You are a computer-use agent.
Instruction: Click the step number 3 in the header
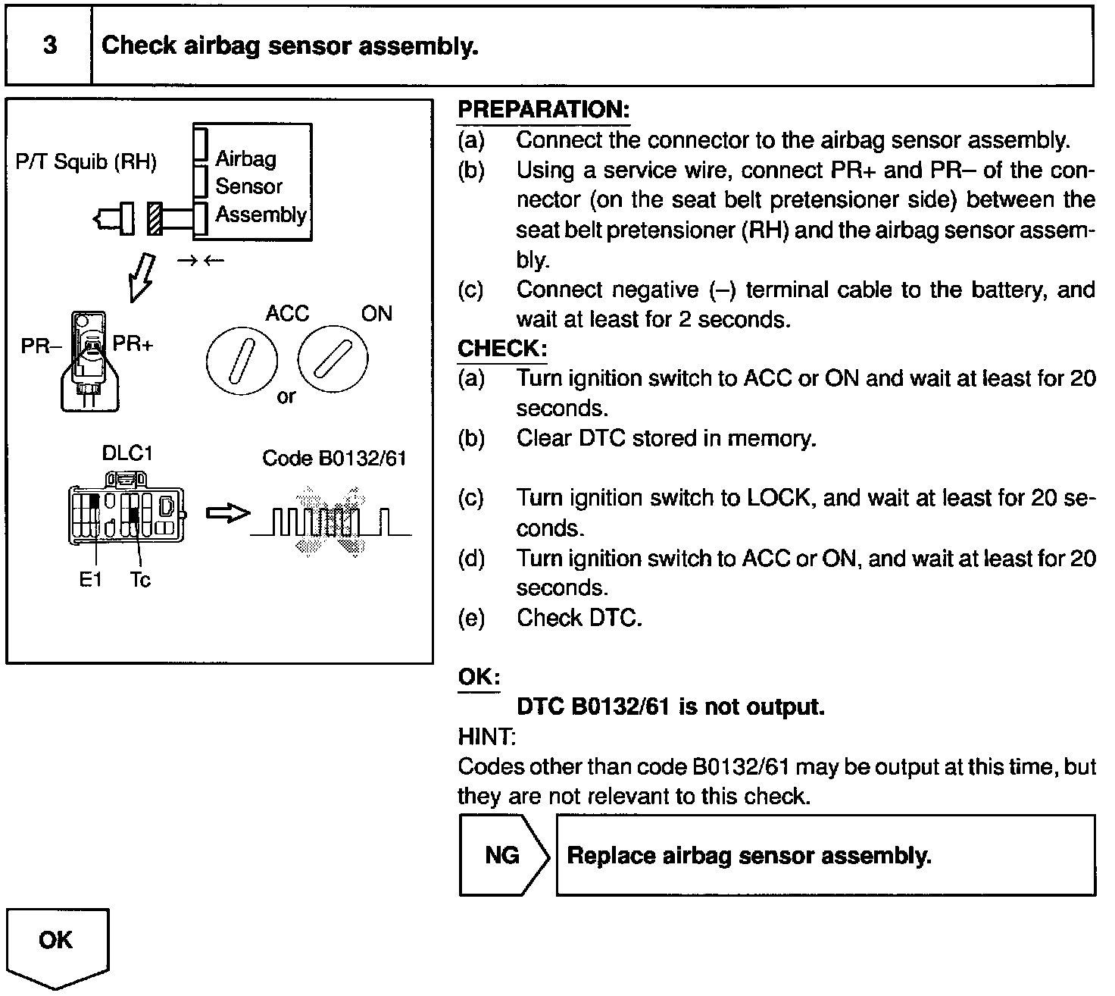tap(50, 45)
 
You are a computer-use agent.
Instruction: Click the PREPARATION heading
tap(543, 109)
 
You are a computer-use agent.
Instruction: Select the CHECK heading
tap(501, 349)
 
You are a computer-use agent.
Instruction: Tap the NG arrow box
tap(502, 855)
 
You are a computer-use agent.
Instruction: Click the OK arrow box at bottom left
tap(57, 944)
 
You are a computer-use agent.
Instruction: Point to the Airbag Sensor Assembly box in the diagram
tap(252, 183)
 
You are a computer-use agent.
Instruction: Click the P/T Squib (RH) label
tap(86, 161)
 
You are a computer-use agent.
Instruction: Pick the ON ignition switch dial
tap(333, 359)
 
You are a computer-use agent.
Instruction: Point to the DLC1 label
tap(127, 453)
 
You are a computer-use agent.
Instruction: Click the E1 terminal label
tap(90, 580)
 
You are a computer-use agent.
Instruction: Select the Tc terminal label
tap(140, 580)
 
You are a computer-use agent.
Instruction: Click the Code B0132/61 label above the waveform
tap(334, 458)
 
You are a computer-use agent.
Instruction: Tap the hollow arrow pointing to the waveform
tap(228, 513)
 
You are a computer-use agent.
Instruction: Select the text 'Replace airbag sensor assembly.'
tap(748, 855)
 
